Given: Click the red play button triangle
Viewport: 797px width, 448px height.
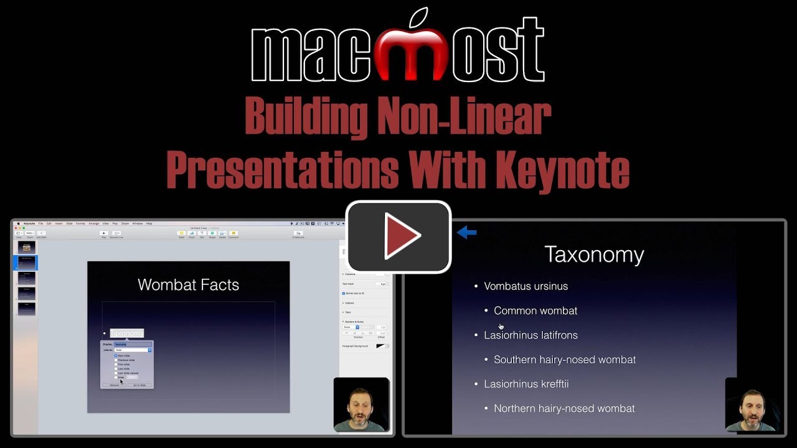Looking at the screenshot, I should click(402, 236).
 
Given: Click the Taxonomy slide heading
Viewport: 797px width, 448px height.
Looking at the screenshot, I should click(593, 254).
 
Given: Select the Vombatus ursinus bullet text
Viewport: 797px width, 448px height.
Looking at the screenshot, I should click(526, 286).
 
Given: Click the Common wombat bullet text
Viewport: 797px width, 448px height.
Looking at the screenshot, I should click(535, 310).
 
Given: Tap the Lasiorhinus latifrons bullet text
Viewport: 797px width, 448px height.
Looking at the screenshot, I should click(531, 335).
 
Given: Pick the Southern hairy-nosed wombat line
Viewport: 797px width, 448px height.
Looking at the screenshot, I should click(565, 360).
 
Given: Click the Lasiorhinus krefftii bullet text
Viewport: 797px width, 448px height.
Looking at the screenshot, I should click(526, 384).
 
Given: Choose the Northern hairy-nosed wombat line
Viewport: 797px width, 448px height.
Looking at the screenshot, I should click(564, 408).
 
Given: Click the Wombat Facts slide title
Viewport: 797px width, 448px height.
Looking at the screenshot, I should click(188, 284).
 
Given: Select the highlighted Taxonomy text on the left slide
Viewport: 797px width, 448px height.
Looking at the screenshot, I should click(127, 334).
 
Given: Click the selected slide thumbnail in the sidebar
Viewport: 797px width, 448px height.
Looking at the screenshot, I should click(27, 263).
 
